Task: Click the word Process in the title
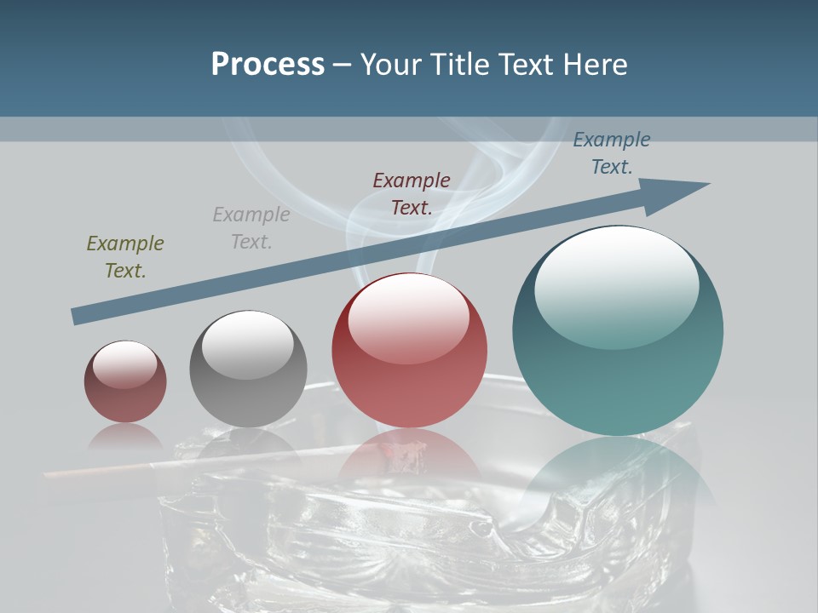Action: [268, 65]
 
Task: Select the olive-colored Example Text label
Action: [125, 256]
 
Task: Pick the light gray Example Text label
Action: [251, 227]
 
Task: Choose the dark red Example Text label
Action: [412, 193]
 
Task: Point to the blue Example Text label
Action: [612, 152]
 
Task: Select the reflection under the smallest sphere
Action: [125, 438]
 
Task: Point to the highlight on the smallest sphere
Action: [124, 364]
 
